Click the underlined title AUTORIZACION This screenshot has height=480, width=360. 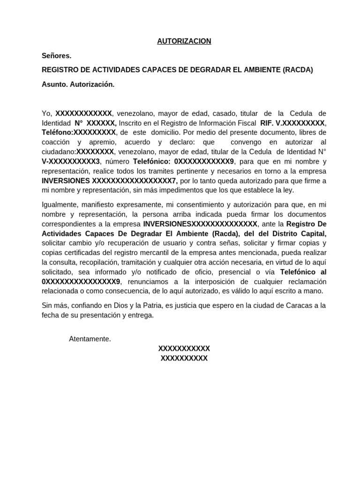point(184,41)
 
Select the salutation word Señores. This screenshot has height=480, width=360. point(56,56)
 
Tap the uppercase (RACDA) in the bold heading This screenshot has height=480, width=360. point(298,70)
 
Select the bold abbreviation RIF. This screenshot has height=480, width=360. point(266,123)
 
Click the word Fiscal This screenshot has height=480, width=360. point(245,123)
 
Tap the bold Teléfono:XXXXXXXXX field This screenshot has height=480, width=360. point(78,133)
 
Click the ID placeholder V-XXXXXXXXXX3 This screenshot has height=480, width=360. point(71,161)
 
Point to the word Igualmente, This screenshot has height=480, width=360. point(60,205)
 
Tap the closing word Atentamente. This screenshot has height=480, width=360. point(90,339)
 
